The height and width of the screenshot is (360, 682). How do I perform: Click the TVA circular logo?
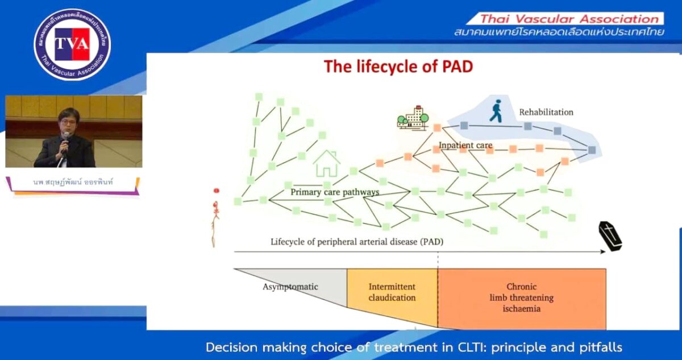(72, 44)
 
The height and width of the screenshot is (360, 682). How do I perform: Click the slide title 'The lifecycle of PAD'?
(398, 67)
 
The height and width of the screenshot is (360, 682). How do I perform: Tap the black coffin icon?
(610, 236)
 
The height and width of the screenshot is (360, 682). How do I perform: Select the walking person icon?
(496, 111)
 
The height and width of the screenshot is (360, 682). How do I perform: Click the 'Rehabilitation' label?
(546, 112)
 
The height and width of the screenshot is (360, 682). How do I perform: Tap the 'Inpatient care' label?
(465, 146)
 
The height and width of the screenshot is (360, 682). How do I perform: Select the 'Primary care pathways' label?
(335, 192)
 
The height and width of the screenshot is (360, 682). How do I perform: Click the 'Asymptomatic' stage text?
(290, 287)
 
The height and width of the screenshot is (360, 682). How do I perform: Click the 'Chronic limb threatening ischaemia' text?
(521, 297)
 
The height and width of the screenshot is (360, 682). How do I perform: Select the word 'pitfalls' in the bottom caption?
(601, 346)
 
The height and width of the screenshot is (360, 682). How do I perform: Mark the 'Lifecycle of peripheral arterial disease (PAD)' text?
(356, 242)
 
